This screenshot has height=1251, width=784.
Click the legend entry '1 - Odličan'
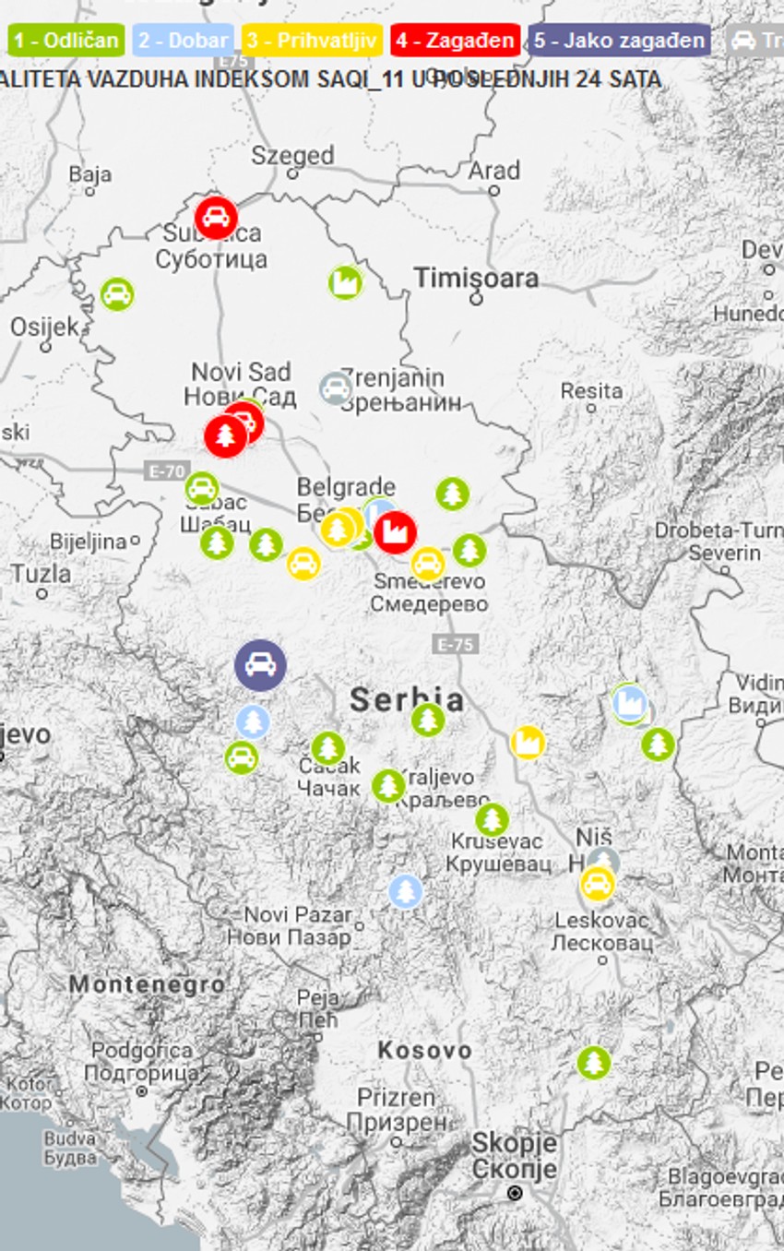(x=65, y=41)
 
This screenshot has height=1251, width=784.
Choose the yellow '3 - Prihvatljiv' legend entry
(x=313, y=41)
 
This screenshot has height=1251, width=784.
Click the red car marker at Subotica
(x=216, y=218)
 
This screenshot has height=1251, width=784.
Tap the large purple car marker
(x=260, y=665)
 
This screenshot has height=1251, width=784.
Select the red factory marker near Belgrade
(x=395, y=532)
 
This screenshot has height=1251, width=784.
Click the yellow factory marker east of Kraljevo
(x=528, y=743)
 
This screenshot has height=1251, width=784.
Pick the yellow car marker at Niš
(x=598, y=884)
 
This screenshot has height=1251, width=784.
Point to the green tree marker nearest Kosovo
(x=594, y=1063)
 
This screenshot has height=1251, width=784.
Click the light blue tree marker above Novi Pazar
(x=405, y=891)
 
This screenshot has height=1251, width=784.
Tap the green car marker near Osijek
(x=116, y=295)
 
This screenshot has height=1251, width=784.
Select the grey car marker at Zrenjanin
(x=336, y=388)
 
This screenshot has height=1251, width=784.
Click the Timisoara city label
(x=475, y=277)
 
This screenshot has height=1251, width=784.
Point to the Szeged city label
(x=292, y=155)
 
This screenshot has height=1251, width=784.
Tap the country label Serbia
(x=407, y=699)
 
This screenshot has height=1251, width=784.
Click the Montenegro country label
(x=147, y=985)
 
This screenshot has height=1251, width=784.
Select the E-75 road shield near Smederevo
(x=455, y=644)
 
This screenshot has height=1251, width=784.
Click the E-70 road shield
(x=165, y=471)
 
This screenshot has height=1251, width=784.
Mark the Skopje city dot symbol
(x=515, y=1193)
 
